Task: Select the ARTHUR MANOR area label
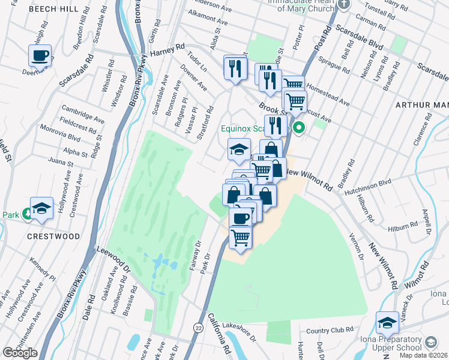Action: (422, 105)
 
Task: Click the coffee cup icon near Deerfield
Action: (40, 56)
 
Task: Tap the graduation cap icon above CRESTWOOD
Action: (41, 208)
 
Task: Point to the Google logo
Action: (20, 353)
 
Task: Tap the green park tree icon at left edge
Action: (26, 214)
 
